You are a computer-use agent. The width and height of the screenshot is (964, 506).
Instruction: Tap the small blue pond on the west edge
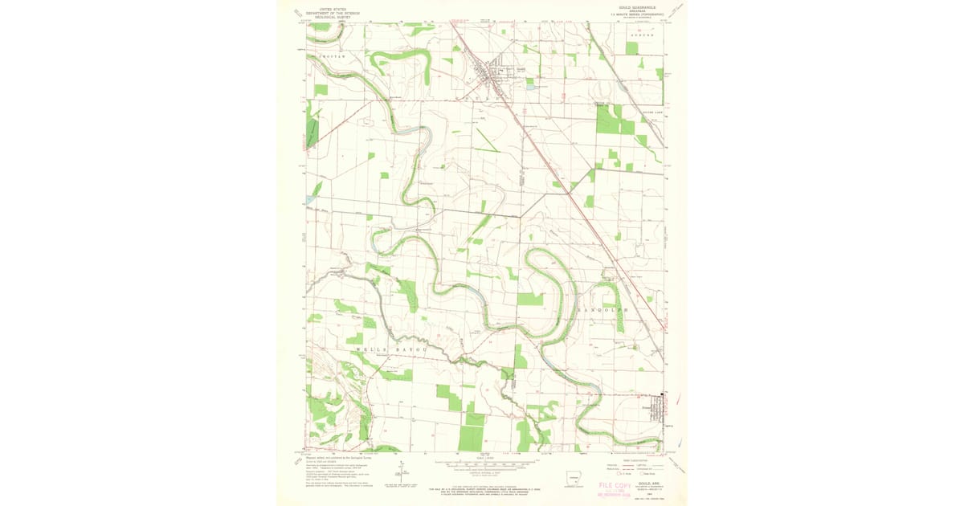point(310,200)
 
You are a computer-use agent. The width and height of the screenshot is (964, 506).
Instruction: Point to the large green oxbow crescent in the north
point(399,60)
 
